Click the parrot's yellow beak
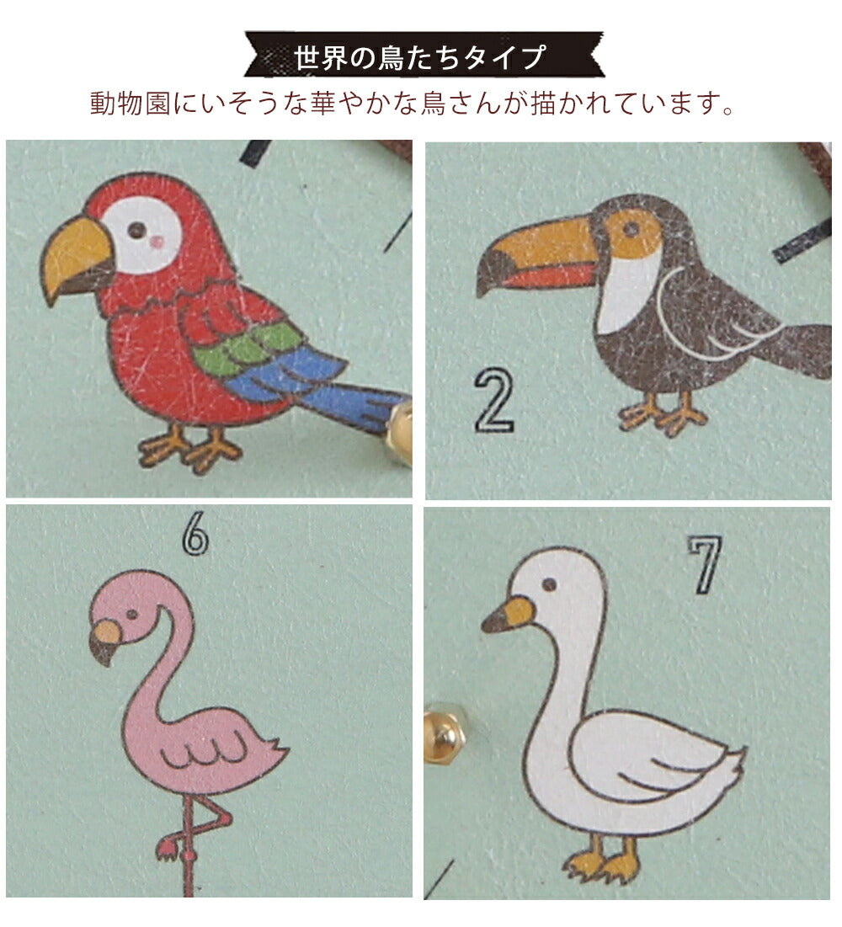point(75,257)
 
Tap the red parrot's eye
point(137,229)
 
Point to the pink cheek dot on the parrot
point(157,241)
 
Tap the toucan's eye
point(631,229)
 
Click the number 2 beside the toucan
point(494,400)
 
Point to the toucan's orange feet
point(663,414)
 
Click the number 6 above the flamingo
point(195,534)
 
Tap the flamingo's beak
point(105,640)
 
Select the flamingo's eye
point(131,614)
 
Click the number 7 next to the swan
point(706,564)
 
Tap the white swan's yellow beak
point(508,615)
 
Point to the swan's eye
point(549,585)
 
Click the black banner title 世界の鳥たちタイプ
point(419,56)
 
